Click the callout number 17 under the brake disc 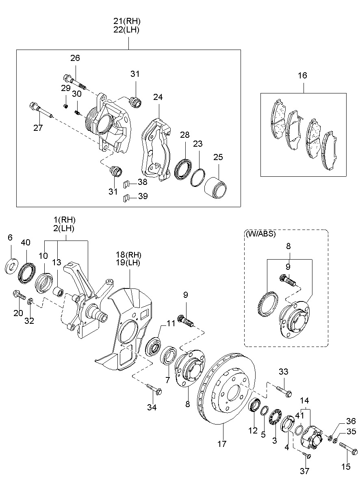221,444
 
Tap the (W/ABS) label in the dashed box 261,234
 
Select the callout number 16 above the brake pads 302,75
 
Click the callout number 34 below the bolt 152,407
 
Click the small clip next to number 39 126,198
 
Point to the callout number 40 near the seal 26,243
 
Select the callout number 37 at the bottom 304,471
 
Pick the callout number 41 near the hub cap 299,416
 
